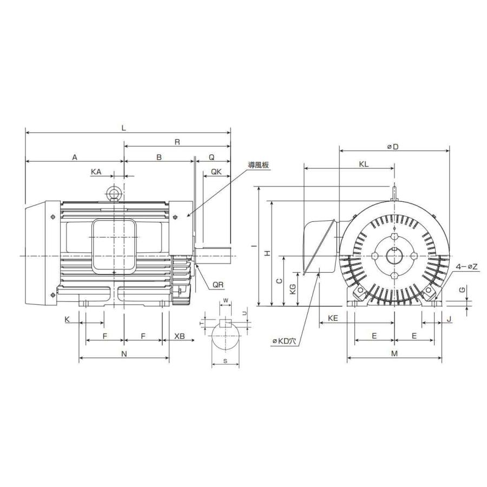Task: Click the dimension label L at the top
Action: pos(124,128)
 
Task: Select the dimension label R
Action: pos(177,142)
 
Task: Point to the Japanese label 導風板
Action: pos(259,164)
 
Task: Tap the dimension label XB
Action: pos(179,336)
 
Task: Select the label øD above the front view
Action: pos(393,147)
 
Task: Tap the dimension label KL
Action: pos(363,164)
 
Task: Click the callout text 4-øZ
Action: pos(466,267)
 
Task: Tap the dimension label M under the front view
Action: pos(394,353)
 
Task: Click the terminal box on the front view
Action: pos(319,246)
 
